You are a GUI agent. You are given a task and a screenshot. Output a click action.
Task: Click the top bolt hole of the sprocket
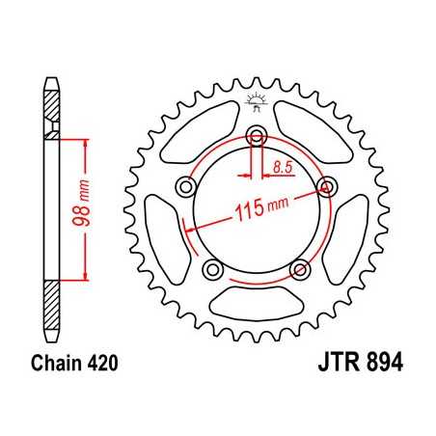coord(257,135)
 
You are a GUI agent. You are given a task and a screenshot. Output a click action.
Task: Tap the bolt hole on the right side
coord(325,186)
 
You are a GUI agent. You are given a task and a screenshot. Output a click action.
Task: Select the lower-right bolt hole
coord(299,267)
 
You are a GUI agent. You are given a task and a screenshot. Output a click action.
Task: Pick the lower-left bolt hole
coord(214,267)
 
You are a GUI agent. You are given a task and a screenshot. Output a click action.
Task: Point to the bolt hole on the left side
coord(187,186)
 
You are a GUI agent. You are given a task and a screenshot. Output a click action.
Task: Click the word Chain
coord(58,366)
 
